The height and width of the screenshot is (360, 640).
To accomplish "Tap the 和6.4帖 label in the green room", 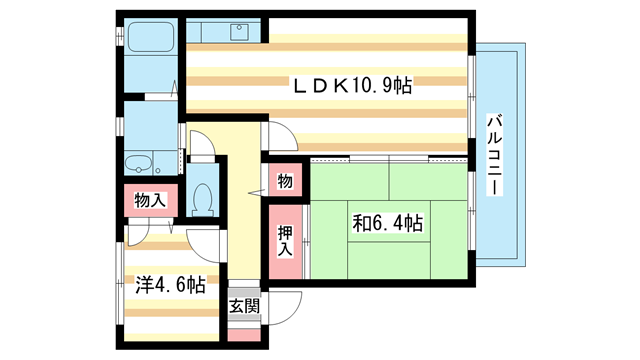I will click(x=387, y=222).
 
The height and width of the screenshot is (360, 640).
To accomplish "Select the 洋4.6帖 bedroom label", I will click(x=171, y=285).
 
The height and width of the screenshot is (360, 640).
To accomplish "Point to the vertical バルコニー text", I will click(x=494, y=154).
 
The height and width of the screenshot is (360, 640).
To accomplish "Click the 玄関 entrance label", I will click(x=244, y=306).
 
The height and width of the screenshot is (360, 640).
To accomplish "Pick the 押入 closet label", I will click(x=285, y=241).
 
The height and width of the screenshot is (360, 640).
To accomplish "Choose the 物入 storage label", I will click(x=150, y=201).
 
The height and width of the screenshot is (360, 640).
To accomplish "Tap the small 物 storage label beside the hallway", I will click(x=285, y=182).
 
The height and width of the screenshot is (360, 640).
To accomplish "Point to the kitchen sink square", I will click(x=240, y=33).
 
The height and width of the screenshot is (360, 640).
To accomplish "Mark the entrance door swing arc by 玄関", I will click(x=287, y=305).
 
